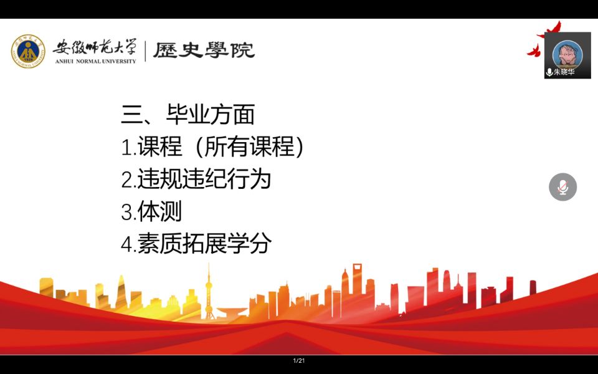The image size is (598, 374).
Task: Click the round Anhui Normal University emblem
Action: click(x=28, y=51)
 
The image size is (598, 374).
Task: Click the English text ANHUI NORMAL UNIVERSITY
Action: click(x=95, y=61)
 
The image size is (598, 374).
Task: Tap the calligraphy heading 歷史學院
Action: click(x=204, y=50)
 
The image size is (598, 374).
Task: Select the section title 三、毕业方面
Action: click(x=187, y=114)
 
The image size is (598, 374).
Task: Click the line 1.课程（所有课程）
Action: click(x=212, y=146)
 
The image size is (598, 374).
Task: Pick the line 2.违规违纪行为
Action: click(x=196, y=179)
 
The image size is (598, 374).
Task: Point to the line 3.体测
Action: click(x=151, y=211)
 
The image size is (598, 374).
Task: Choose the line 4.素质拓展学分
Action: click(x=196, y=243)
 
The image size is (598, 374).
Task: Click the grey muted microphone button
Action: click(x=563, y=187)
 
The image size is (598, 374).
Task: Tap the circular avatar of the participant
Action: click(x=567, y=54)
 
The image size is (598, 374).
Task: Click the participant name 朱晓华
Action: click(x=564, y=72)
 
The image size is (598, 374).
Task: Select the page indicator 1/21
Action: click(x=299, y=361)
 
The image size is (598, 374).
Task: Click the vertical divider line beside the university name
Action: click(x=145, y=51)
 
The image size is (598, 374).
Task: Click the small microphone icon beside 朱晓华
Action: click(x=549, y=72)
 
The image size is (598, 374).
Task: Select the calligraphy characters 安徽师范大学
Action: click(x=95, y=48)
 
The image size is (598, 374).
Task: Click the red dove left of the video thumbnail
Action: click(x=534, y=50)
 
